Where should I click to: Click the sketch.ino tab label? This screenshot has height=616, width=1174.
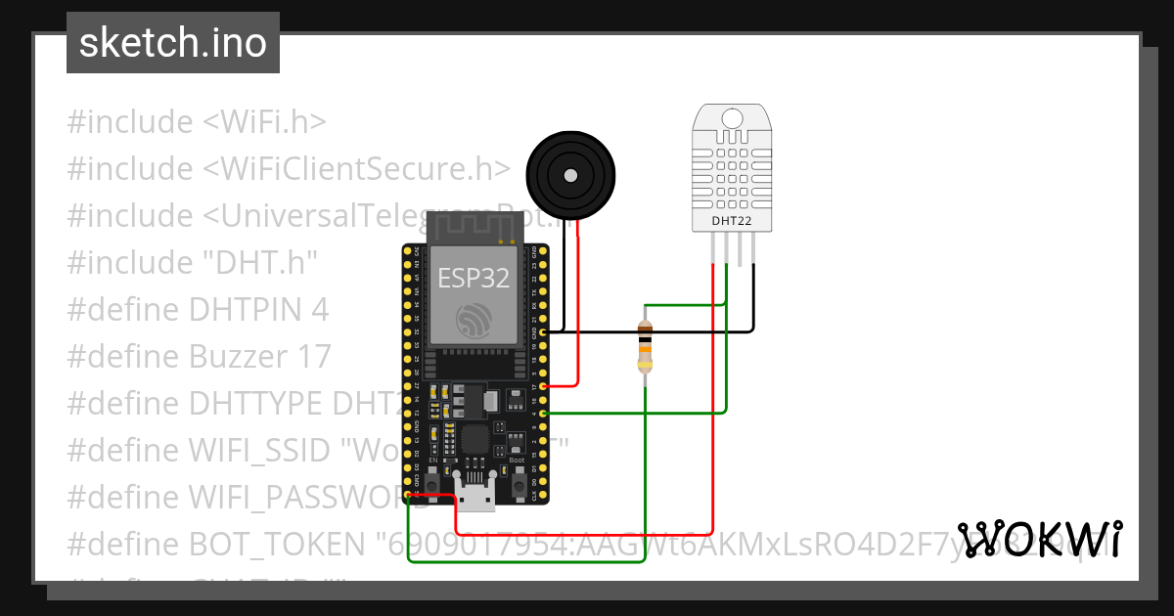(x=173, y=43)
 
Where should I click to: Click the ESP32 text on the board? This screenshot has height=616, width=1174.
(x=474, y=278)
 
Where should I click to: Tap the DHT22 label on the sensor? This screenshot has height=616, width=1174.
(x=725, y=221)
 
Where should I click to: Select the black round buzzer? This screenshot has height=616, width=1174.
(x=572, y=176)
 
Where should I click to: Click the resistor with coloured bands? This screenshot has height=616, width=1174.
(x=644, y=347)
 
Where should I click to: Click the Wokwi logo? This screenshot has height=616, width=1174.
(x=1039, y=539)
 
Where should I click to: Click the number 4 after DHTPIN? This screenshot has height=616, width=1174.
(x=319, y=310)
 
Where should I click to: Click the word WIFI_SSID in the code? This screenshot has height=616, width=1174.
(x=256, y=451)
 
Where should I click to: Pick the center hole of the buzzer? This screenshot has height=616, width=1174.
(x=570, y=175)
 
